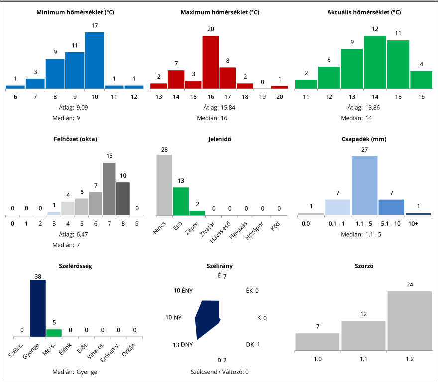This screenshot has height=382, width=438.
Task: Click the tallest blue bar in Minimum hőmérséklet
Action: pos(94,60)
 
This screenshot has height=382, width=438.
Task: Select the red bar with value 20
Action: pos(210,62)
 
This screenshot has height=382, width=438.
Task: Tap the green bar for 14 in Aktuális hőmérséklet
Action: pos(375,62)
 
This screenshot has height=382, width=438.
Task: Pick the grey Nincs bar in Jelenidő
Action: pos(164,185)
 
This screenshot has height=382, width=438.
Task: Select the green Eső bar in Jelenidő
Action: pos(181,201)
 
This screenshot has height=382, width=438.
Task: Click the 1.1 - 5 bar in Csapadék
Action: pos(364,185)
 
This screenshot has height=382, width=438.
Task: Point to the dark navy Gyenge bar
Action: pos(38,308)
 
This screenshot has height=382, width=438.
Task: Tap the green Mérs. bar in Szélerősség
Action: pos(54,333)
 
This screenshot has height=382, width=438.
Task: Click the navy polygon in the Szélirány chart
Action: pos(207,318)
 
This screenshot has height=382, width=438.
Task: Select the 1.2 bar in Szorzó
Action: pos(409,320)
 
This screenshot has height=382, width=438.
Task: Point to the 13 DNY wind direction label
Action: pos(183,345)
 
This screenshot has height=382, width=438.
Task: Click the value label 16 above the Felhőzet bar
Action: pos(109,156)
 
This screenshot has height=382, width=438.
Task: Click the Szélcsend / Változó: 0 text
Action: pos(219,372)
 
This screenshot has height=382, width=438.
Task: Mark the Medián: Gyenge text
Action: pos(75,372)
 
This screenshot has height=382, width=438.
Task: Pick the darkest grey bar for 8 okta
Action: pos(123,198)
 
